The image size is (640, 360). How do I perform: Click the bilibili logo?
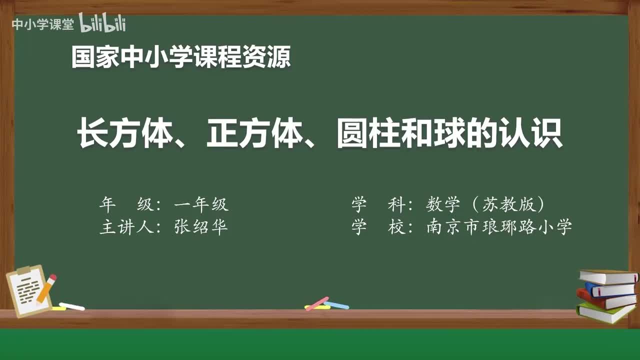102,23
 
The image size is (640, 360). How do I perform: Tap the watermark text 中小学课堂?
42,24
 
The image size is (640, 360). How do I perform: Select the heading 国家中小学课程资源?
180,57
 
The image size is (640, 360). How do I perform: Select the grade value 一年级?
201,204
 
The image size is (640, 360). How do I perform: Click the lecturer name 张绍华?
201,227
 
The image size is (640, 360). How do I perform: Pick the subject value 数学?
442,204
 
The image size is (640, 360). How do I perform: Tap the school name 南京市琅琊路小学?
499,227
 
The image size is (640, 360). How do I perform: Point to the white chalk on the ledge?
72,306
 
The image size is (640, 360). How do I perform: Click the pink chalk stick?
317,303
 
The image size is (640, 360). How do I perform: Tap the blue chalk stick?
337,305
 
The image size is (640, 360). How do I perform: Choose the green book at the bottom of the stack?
605,313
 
